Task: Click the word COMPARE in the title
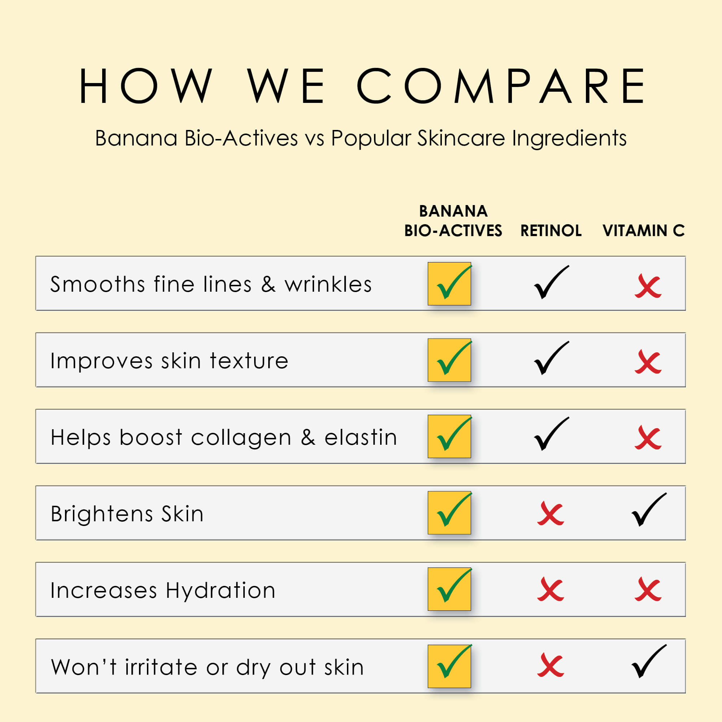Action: tap(501, 86)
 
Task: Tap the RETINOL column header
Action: tap(551, 231)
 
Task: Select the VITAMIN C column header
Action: tap(644, 231)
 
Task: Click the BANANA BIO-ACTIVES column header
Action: tap(453, 221)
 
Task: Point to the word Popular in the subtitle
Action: tap(371, 139)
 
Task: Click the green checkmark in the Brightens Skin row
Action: tap(454, 510)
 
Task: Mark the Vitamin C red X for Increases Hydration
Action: tap(648, 590)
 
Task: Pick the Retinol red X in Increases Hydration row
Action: tap(551, 590)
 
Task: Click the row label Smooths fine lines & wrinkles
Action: tap(211, 284)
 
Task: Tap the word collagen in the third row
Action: tap(241, 437)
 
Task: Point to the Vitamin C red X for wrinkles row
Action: tap(648, 286)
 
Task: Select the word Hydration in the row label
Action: tap(221, 591)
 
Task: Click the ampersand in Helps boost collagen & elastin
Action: tap(308, 437)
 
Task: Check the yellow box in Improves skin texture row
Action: tap(449, 360)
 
